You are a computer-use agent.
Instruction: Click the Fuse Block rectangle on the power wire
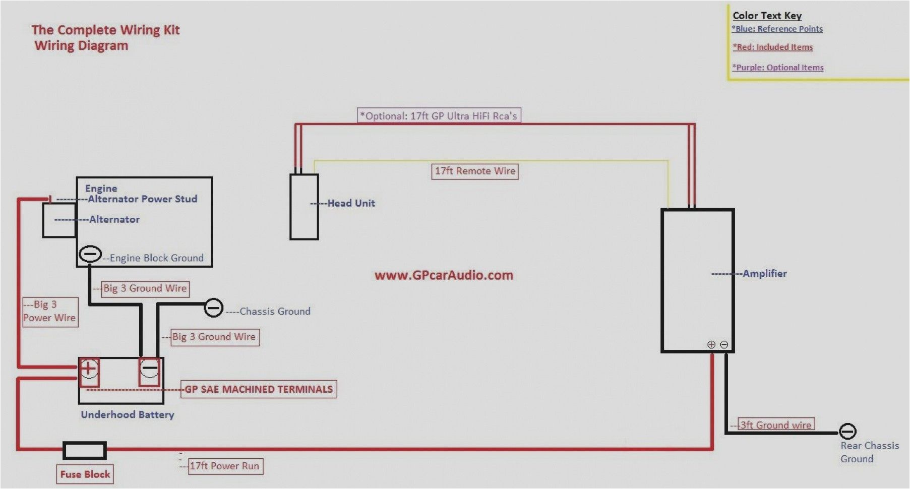click(x=84, y=450)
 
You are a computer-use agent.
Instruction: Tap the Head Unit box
click(x=304, y=207)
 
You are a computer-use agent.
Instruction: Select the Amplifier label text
click(x=764, y=274)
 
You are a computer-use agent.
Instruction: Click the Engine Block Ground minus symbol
click(x=91, y=254)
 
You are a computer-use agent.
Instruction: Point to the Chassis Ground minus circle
click(x=213, y=308)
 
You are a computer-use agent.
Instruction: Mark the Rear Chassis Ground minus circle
click(x=847, y=432)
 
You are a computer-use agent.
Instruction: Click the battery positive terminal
click(x=89, y=369)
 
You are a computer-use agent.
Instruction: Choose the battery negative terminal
click(x=150, y=369)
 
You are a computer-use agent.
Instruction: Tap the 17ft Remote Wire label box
click(x=475, y=171)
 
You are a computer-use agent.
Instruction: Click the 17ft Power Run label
click(x=224, y=466)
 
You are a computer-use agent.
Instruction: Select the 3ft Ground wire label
click(x=776, y=424)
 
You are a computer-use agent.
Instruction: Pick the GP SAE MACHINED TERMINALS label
click(x=259, y=389)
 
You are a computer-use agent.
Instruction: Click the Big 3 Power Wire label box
click(x=50, y=312)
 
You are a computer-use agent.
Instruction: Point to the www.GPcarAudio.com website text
click(x=444, y=275)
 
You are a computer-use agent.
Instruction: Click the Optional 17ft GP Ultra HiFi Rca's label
click(x=439, y=116)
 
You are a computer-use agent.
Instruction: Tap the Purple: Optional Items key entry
click(x=778, y=68)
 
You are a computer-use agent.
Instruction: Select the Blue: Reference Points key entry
click(x=777, y=29)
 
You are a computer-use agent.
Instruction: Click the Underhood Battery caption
click(x=128, y=414)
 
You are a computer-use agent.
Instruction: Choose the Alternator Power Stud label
click(x=142, y=199)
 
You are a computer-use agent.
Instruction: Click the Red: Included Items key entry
click(x=773, y=47)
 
